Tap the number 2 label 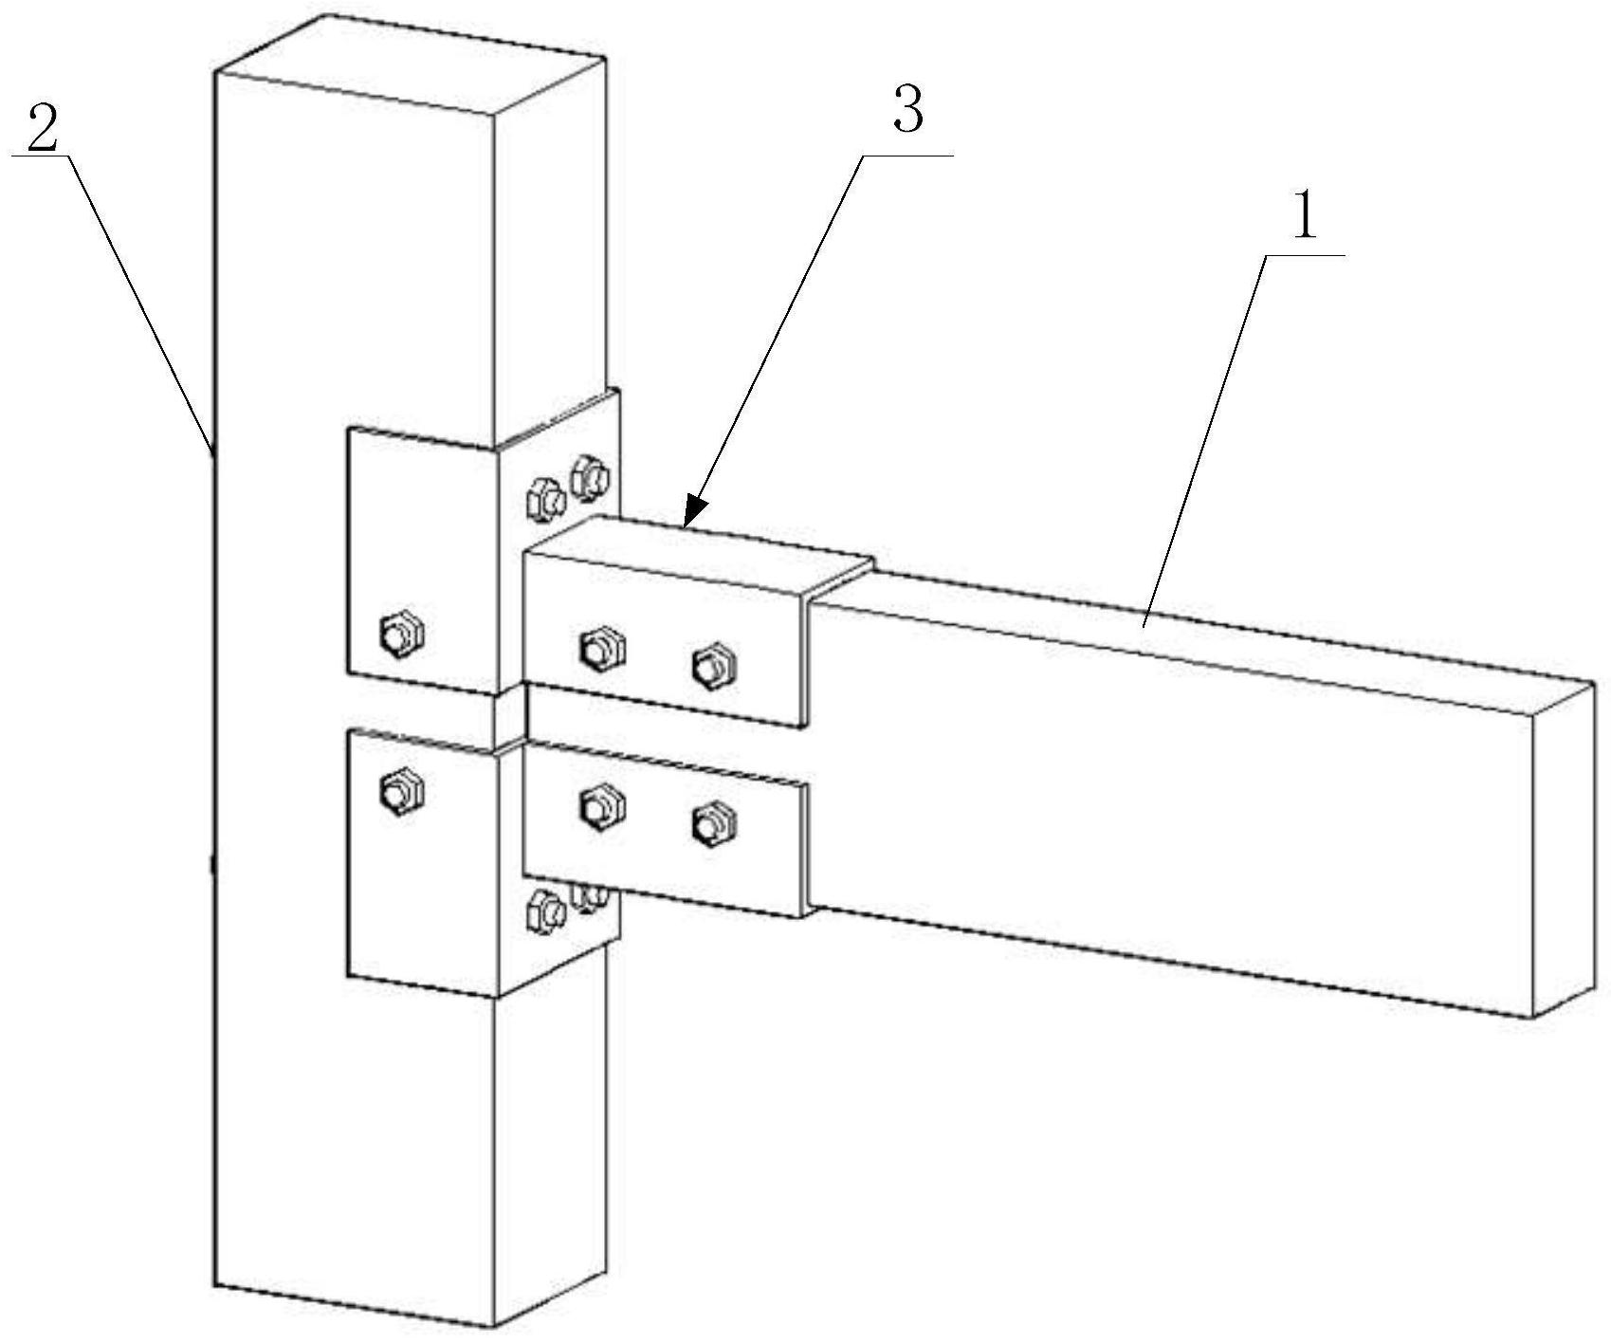(42, 130)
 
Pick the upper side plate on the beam (664, 635)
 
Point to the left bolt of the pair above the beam (544, 498)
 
